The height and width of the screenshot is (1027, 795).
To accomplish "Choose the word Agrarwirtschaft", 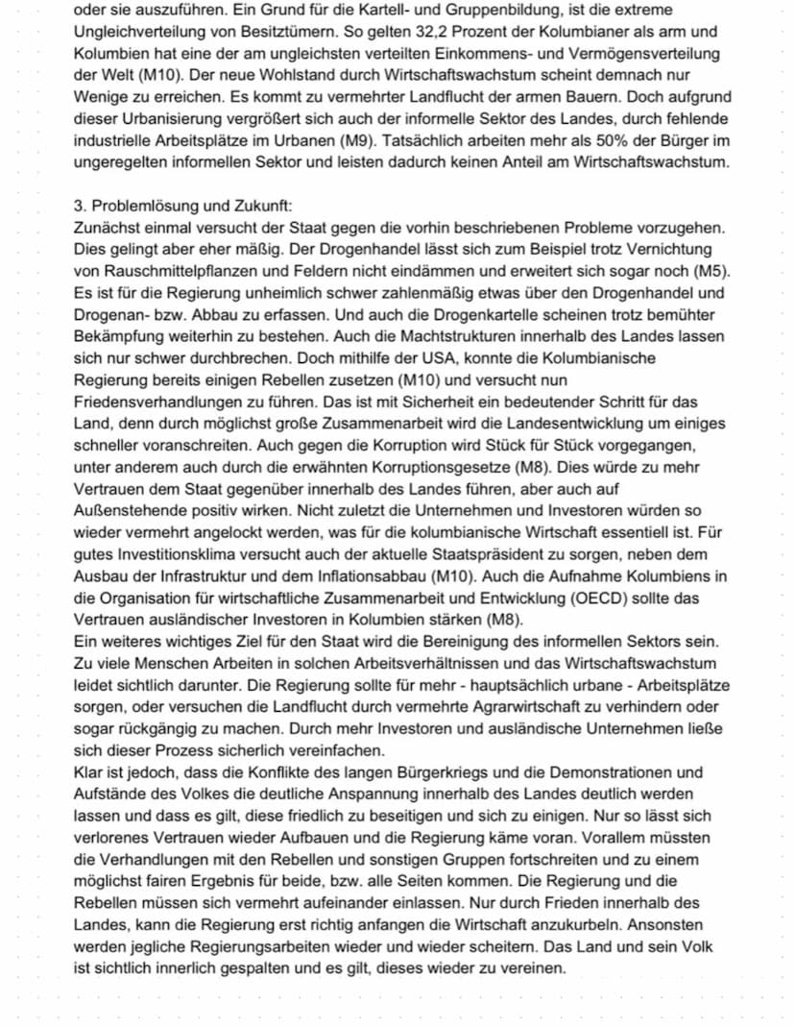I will [543, 707].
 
